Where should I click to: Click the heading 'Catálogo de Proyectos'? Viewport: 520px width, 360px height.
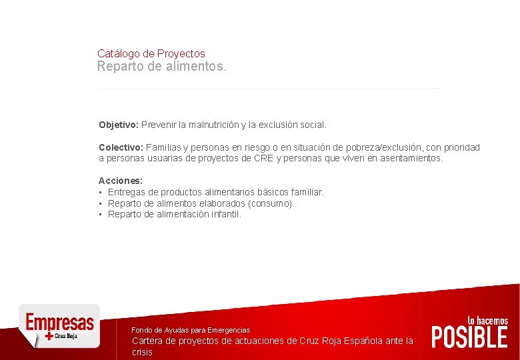151,53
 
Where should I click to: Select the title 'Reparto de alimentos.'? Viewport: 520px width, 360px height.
162,67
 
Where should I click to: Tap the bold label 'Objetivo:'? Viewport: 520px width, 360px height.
119,125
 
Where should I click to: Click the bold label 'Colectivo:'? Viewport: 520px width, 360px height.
121,147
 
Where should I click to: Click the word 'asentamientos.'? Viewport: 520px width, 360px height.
411,159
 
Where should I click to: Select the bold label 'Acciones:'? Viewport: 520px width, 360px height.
121,181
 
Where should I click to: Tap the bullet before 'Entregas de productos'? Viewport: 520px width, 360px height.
100,192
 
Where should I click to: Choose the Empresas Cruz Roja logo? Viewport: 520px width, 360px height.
59,326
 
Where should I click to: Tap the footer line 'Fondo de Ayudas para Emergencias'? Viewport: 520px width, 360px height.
191,330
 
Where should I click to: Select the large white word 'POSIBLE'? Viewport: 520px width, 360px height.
469,337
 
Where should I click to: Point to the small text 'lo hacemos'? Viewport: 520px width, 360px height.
487,321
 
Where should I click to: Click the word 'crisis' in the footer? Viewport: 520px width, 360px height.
142,352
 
